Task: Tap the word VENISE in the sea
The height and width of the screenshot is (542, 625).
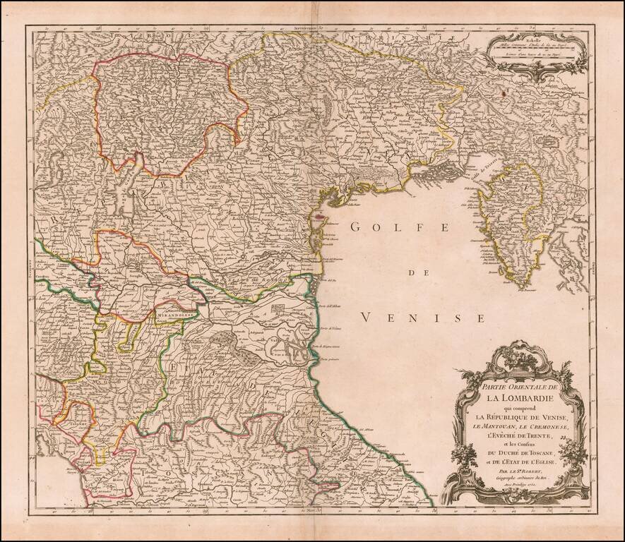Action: pyautogui.click(x=422, y=318)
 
